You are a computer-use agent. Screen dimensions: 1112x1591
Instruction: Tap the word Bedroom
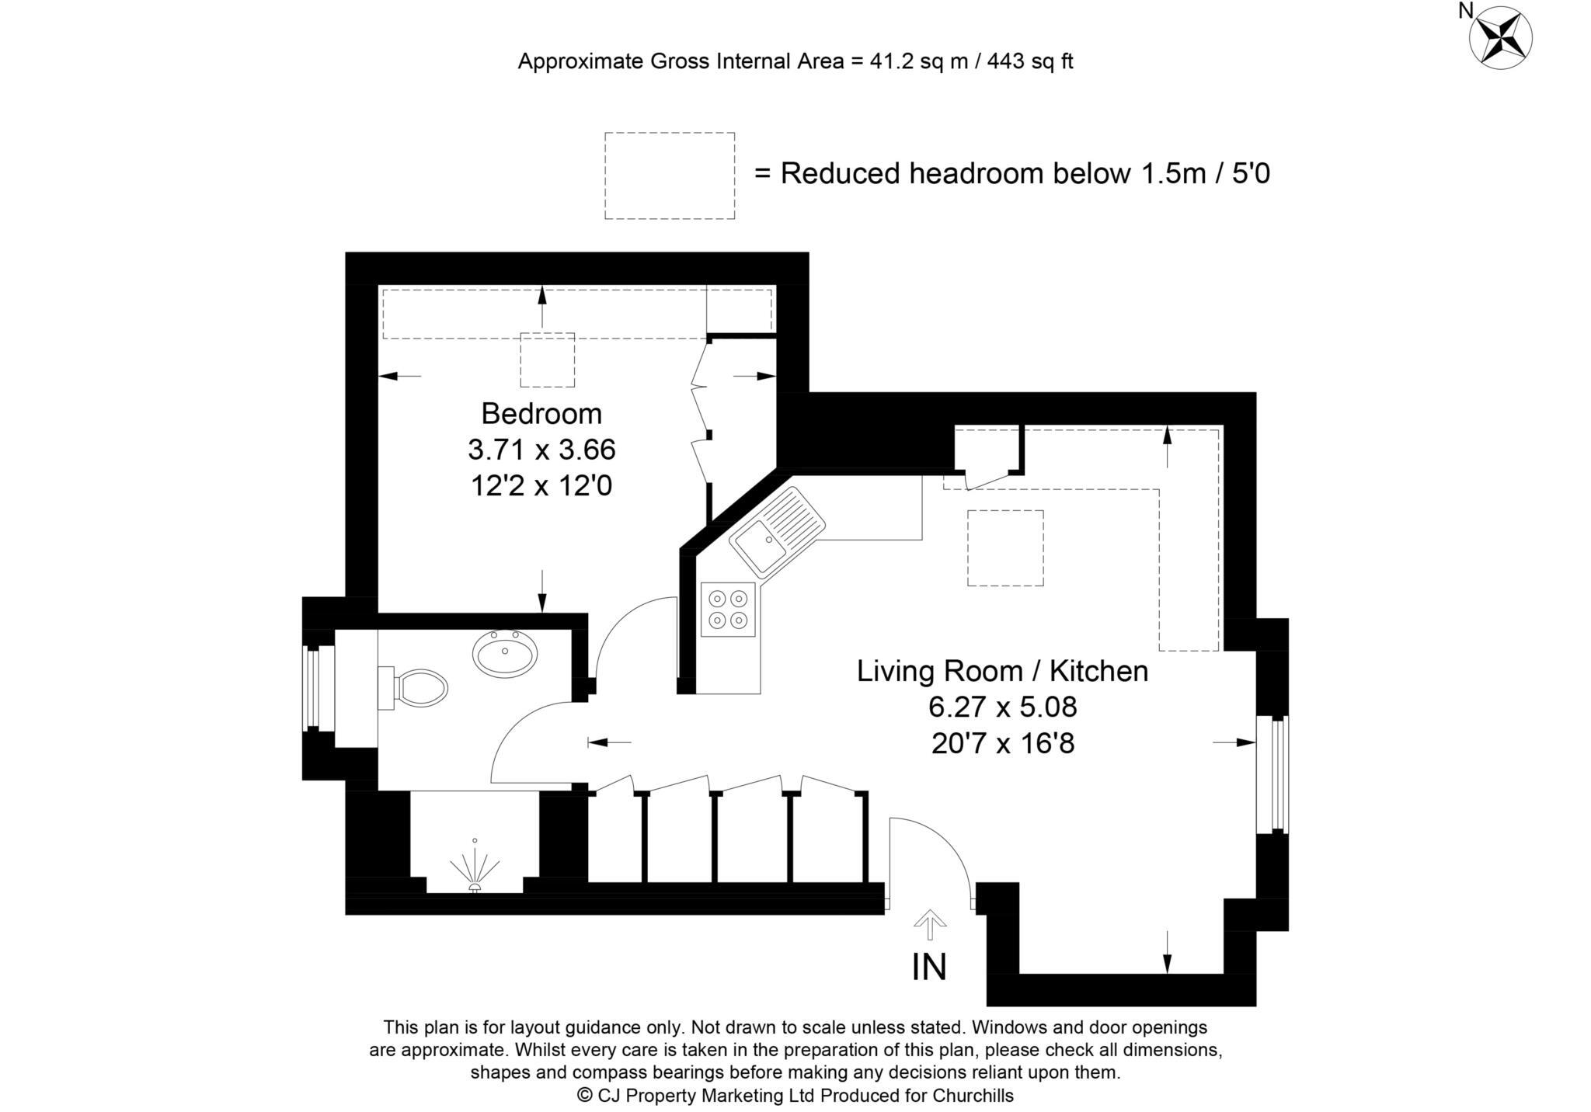541,413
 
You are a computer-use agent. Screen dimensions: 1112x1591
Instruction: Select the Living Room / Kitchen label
1002,671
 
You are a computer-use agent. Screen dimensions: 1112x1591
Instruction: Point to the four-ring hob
728,610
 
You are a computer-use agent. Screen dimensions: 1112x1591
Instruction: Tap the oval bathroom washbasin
505,653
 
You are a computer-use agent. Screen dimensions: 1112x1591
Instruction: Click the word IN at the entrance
929,968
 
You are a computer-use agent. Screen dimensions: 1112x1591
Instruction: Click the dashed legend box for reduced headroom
670,175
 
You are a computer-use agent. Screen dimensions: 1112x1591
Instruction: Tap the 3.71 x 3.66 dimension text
541,450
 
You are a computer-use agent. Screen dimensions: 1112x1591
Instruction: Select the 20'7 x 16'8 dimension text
1002,744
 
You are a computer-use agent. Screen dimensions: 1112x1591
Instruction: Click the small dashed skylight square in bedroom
547,360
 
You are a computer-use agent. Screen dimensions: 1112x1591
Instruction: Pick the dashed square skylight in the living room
1005,547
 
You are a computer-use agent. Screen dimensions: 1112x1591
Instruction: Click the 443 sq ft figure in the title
1029,61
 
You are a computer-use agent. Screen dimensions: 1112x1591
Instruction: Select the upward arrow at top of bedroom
541,307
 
